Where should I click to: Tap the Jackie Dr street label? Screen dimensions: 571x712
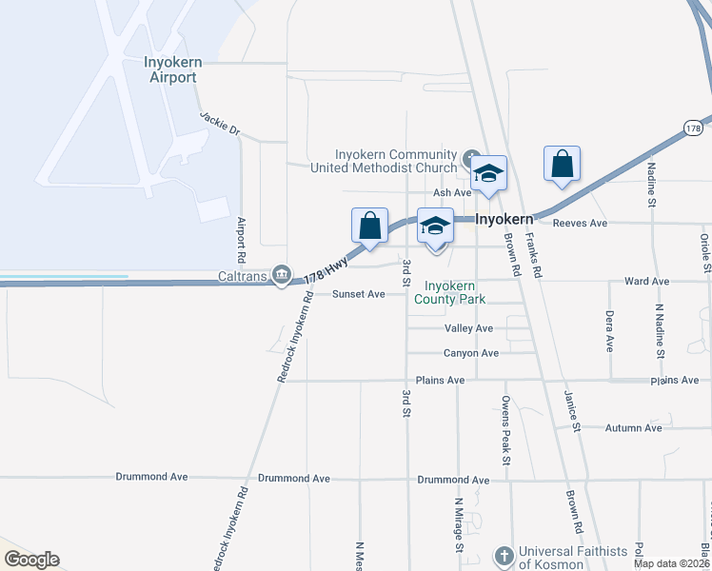tap(220, 124)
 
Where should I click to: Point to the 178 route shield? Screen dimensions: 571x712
tap(693, 128)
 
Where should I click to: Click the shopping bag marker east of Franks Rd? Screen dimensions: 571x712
tap(563, 164)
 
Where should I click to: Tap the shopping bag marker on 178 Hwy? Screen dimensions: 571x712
tap(370, 226)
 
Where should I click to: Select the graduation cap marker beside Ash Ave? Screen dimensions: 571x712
tap(488, 174)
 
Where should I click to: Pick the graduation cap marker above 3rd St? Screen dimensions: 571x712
tap(435, 226)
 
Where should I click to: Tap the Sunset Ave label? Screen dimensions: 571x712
tap(358, 294)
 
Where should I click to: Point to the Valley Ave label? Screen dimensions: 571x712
tap(468, 328)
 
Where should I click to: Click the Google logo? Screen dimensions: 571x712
tap(31, 560)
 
